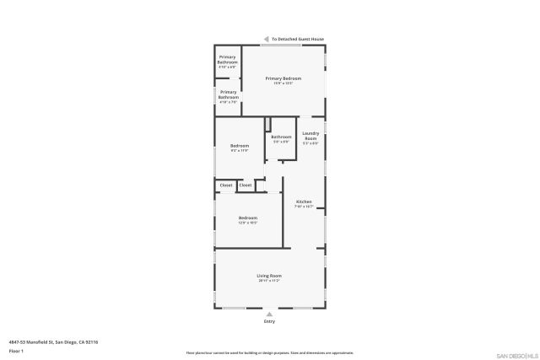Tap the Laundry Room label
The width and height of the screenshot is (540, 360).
pyautogui.click(x=310, y=135)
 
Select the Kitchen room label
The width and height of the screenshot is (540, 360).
pyautogui.click(x=304, y=202)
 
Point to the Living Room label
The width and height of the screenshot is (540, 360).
pyautogui.click(x=269, y=276)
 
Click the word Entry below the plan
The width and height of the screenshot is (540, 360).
pyautogui.click(x=269, y=321)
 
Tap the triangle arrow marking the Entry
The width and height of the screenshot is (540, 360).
pyautogui.click(x=269, y=314)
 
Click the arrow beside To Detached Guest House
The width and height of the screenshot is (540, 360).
pyautogui.click(x=266, y=39)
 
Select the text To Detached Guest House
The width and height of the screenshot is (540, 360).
pyautogui.click(x=297, y=39)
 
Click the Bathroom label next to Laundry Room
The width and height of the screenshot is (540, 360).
pyautogui.click(x=281, y=137)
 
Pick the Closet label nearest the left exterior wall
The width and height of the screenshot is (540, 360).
pyautogui.click(x=226, y=185)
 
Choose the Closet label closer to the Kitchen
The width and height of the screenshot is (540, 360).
pyautogui.click(x=245, y=185)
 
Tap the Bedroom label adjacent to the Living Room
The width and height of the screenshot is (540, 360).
pyautogui.click(x=247, y=218)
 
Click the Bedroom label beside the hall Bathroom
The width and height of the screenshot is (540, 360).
pyautogui.click(x=240, y=147)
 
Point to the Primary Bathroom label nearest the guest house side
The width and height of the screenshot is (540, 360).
pyautogui.click(x=228, y=60)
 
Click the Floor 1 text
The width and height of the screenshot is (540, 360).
pyautogui.click(x=16, y=350)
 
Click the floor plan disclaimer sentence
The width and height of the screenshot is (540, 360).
pyautogui.click(x=269, y=353)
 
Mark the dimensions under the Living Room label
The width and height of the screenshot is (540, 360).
pyautogui.click(x=269, y=281)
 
